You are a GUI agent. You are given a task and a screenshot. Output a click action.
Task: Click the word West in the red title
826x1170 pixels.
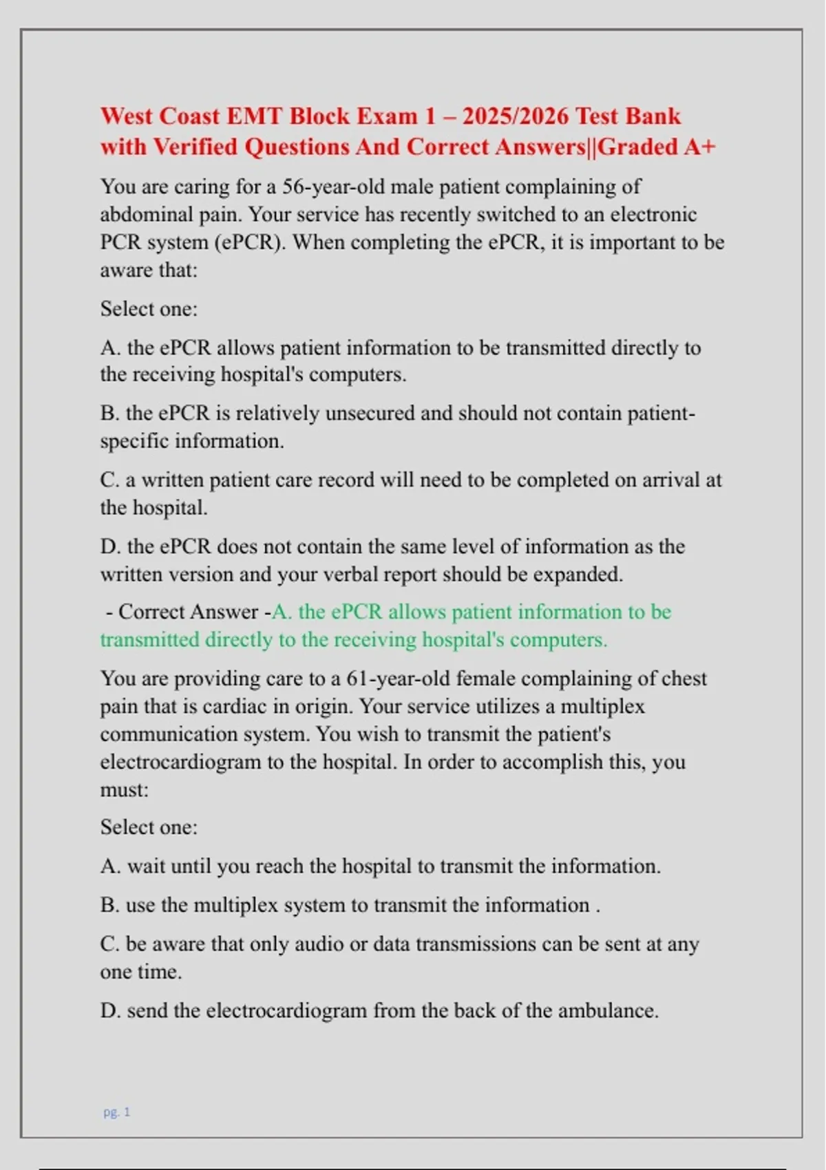point(127,116)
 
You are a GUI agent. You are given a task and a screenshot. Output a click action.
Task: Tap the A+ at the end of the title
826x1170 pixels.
point(700,147)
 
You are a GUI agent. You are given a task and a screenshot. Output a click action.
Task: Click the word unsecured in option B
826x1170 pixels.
point(370,413)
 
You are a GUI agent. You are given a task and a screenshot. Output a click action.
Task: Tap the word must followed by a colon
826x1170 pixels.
point(124,789)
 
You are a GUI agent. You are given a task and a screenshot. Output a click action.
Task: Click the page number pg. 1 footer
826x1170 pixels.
point(117,1111)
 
